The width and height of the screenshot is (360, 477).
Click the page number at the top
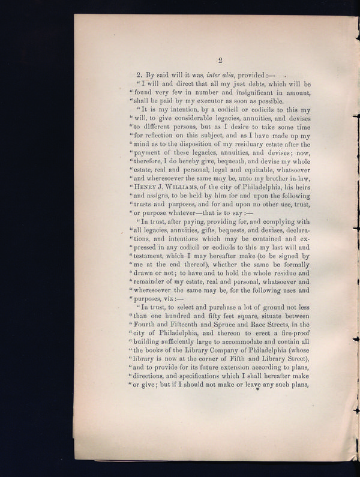220,59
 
